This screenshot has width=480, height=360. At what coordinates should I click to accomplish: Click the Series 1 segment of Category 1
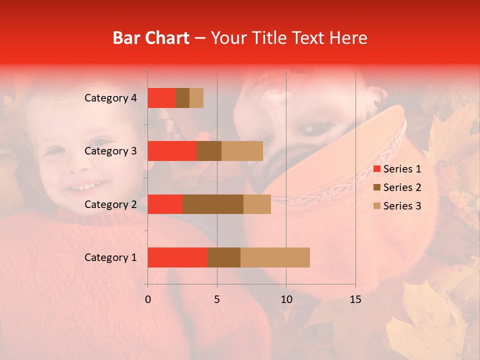177,257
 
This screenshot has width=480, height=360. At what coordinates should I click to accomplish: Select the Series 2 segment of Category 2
213,204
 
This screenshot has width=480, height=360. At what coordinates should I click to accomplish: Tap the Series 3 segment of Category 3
242,151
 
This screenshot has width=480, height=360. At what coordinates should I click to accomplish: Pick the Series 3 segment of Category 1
275,257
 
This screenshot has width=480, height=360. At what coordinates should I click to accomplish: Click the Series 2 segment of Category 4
182,98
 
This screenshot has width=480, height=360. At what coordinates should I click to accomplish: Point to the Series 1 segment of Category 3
172,151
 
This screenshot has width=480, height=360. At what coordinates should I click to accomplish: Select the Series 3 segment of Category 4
196,98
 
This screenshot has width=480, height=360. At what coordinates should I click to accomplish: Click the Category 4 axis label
110,98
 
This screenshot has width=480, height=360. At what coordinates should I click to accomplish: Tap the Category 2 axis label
110,204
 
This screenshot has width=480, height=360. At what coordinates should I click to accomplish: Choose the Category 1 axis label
110,257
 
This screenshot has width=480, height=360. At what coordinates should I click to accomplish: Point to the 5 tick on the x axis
217,299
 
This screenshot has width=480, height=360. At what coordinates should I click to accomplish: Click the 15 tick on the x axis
355,299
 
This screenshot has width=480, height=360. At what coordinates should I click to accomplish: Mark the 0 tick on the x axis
148,299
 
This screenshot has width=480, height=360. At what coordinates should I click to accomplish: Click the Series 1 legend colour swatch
376,169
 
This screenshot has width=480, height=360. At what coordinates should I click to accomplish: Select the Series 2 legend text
402,187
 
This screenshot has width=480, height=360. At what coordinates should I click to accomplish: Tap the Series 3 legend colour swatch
376,206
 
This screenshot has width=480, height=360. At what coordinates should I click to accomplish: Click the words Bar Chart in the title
151,38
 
